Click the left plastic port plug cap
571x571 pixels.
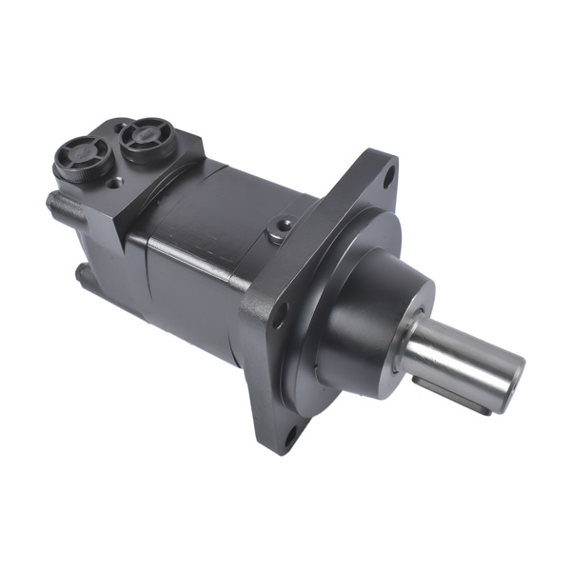[79, 154]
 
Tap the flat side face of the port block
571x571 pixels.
[157, 190]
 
